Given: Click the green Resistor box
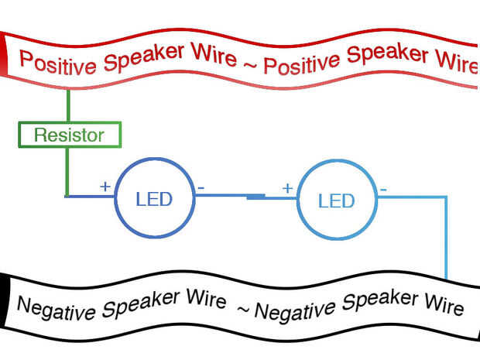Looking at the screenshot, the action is click(x=70, y=123).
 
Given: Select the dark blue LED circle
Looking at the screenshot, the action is click(x=115, y=197).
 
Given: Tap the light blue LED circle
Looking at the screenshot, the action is click(x=297, y=199).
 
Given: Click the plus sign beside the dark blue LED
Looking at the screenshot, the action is click(x=105, y=186).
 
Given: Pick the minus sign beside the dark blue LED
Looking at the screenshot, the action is click(x=201, y=187).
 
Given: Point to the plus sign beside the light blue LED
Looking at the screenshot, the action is click(x=287, y=188).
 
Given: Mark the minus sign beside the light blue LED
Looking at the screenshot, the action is click(x=383, y=190).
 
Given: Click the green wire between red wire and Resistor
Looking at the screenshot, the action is click(x=68, y=105).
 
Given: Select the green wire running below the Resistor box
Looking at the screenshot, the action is click(x=67, y=172).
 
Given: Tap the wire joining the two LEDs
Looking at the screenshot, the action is click(x=246, y=196).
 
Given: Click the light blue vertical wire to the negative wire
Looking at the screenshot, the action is click(x=446, y=238).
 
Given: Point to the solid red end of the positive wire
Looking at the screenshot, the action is click(x=4, y=53).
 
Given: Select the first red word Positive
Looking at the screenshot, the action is click(x=57, y=63).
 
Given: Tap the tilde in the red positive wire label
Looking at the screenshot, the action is click(x=250, y=64).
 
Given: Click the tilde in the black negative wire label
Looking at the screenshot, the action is click(x=244, y=310).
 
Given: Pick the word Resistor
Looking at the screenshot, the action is click(x=69, y=135).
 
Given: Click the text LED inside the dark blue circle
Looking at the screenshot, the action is click(x=154, y=199).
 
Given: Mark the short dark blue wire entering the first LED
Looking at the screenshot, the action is click(x=90, y=196).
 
